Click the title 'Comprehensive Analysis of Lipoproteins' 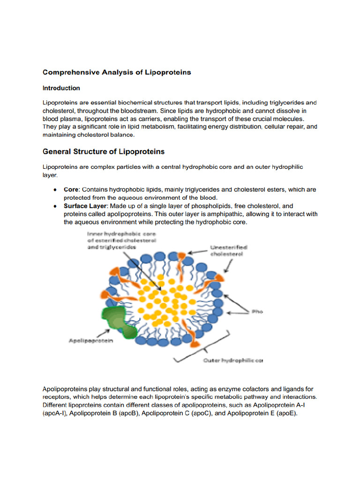point(117,72)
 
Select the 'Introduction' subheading point(61,88)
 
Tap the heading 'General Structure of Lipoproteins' point(104,152)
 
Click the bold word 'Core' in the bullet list point(71,190)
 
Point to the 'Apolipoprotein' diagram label point(91,341)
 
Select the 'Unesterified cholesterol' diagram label point(229,250)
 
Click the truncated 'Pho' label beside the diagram point(257,311)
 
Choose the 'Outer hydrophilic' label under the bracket point(232,360)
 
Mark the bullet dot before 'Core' point(55,190)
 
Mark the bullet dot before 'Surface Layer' point(55,206)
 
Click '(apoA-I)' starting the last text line point(55,414)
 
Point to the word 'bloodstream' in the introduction point(138,111)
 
